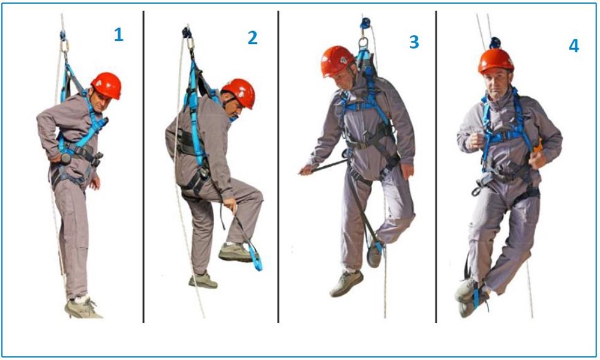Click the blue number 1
pyautogui.click(x=119, y=35)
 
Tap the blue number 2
pyautogui.click(x=252, y=37)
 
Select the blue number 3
pyautogui.click(x=414, y=42)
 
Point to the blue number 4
pyautogui.click(x=574, y=46)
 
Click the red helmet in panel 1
pyautogui.click(x=106, y=85)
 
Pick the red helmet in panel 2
pyautogui.click(x=239, y=93)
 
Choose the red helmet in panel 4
pyautogui.click(x=496, y=61)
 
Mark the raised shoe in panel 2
pyautogui.click(x=236, y=253)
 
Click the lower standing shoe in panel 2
pyautogui.click(x=203, y=281)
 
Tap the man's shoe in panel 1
pyautogui.click(x=82, y=308)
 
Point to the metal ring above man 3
pyautogui.click(x=363, y=43)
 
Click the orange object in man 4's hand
pyautogui.click(x=539, y=146)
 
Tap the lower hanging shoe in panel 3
pyautogui.click(x=346, y=283)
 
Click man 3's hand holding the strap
pyautogui.click(x=307, y=169)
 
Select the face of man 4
pyautogui.click(x=496, y=85)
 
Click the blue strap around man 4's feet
pyautogui.click(x=477, y=295)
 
